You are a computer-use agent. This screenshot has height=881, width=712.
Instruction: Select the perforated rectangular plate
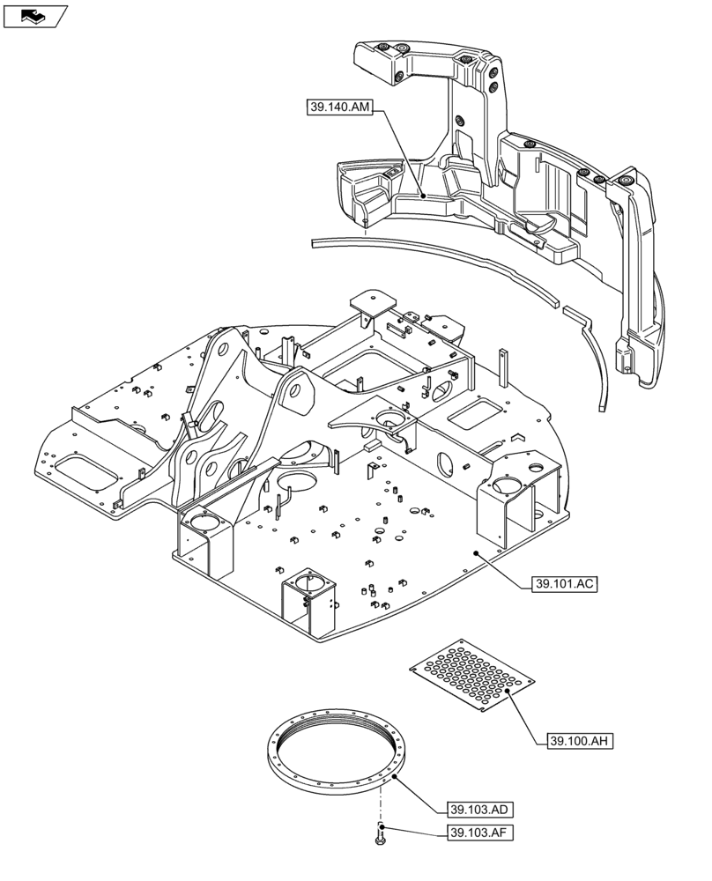tap(472, 675)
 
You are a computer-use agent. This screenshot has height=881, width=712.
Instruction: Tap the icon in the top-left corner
tap(34, 15)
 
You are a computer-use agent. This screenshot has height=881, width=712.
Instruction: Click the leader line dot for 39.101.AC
tap(476, 553)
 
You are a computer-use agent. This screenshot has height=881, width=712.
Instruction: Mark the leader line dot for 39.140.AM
tap(422, 196)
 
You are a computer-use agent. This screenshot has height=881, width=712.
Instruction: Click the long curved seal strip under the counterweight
tap(441, 264)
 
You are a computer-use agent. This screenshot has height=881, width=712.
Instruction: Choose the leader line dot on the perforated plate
tap(507, 693)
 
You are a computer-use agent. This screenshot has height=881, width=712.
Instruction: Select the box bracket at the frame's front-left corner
tap(204, 537)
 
